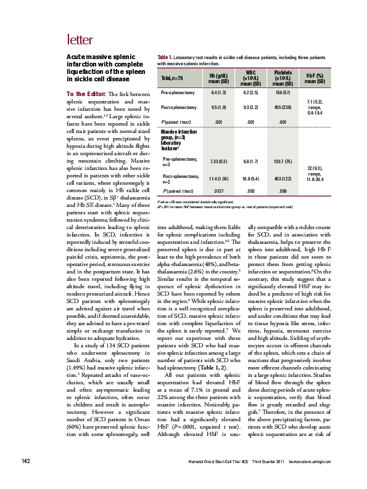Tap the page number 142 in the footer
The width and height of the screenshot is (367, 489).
pyautogui.click(x=27, y=477)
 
